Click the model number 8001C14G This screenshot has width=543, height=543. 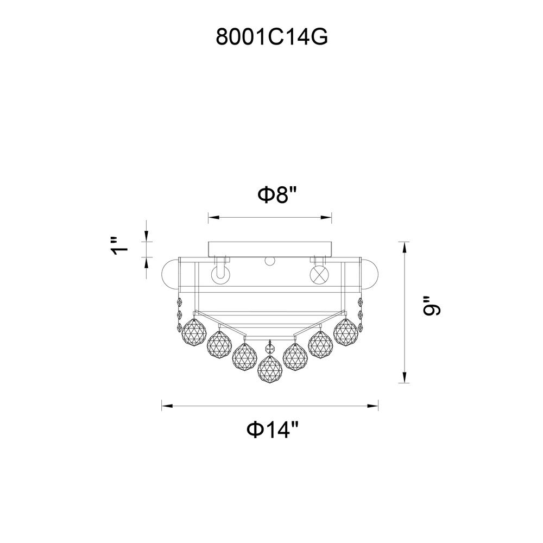tap(271, 36)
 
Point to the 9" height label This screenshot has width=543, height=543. tap(432, 306)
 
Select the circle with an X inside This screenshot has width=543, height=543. tap(319, 275)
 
